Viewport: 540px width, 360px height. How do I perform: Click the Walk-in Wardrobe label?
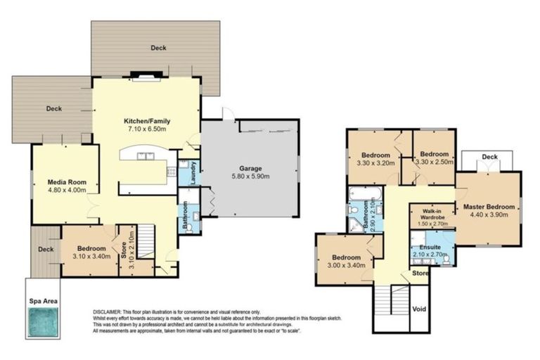[431, 214]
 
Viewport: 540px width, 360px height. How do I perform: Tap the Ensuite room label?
[430, 247]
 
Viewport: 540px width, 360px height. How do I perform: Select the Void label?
[420, 308]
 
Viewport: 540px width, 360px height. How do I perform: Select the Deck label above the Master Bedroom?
[489, 157]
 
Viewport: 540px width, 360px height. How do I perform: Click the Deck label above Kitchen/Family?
[158, 48]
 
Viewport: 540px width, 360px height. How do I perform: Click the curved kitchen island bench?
[144, 156]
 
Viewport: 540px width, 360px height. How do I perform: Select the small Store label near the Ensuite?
[420, 272]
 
